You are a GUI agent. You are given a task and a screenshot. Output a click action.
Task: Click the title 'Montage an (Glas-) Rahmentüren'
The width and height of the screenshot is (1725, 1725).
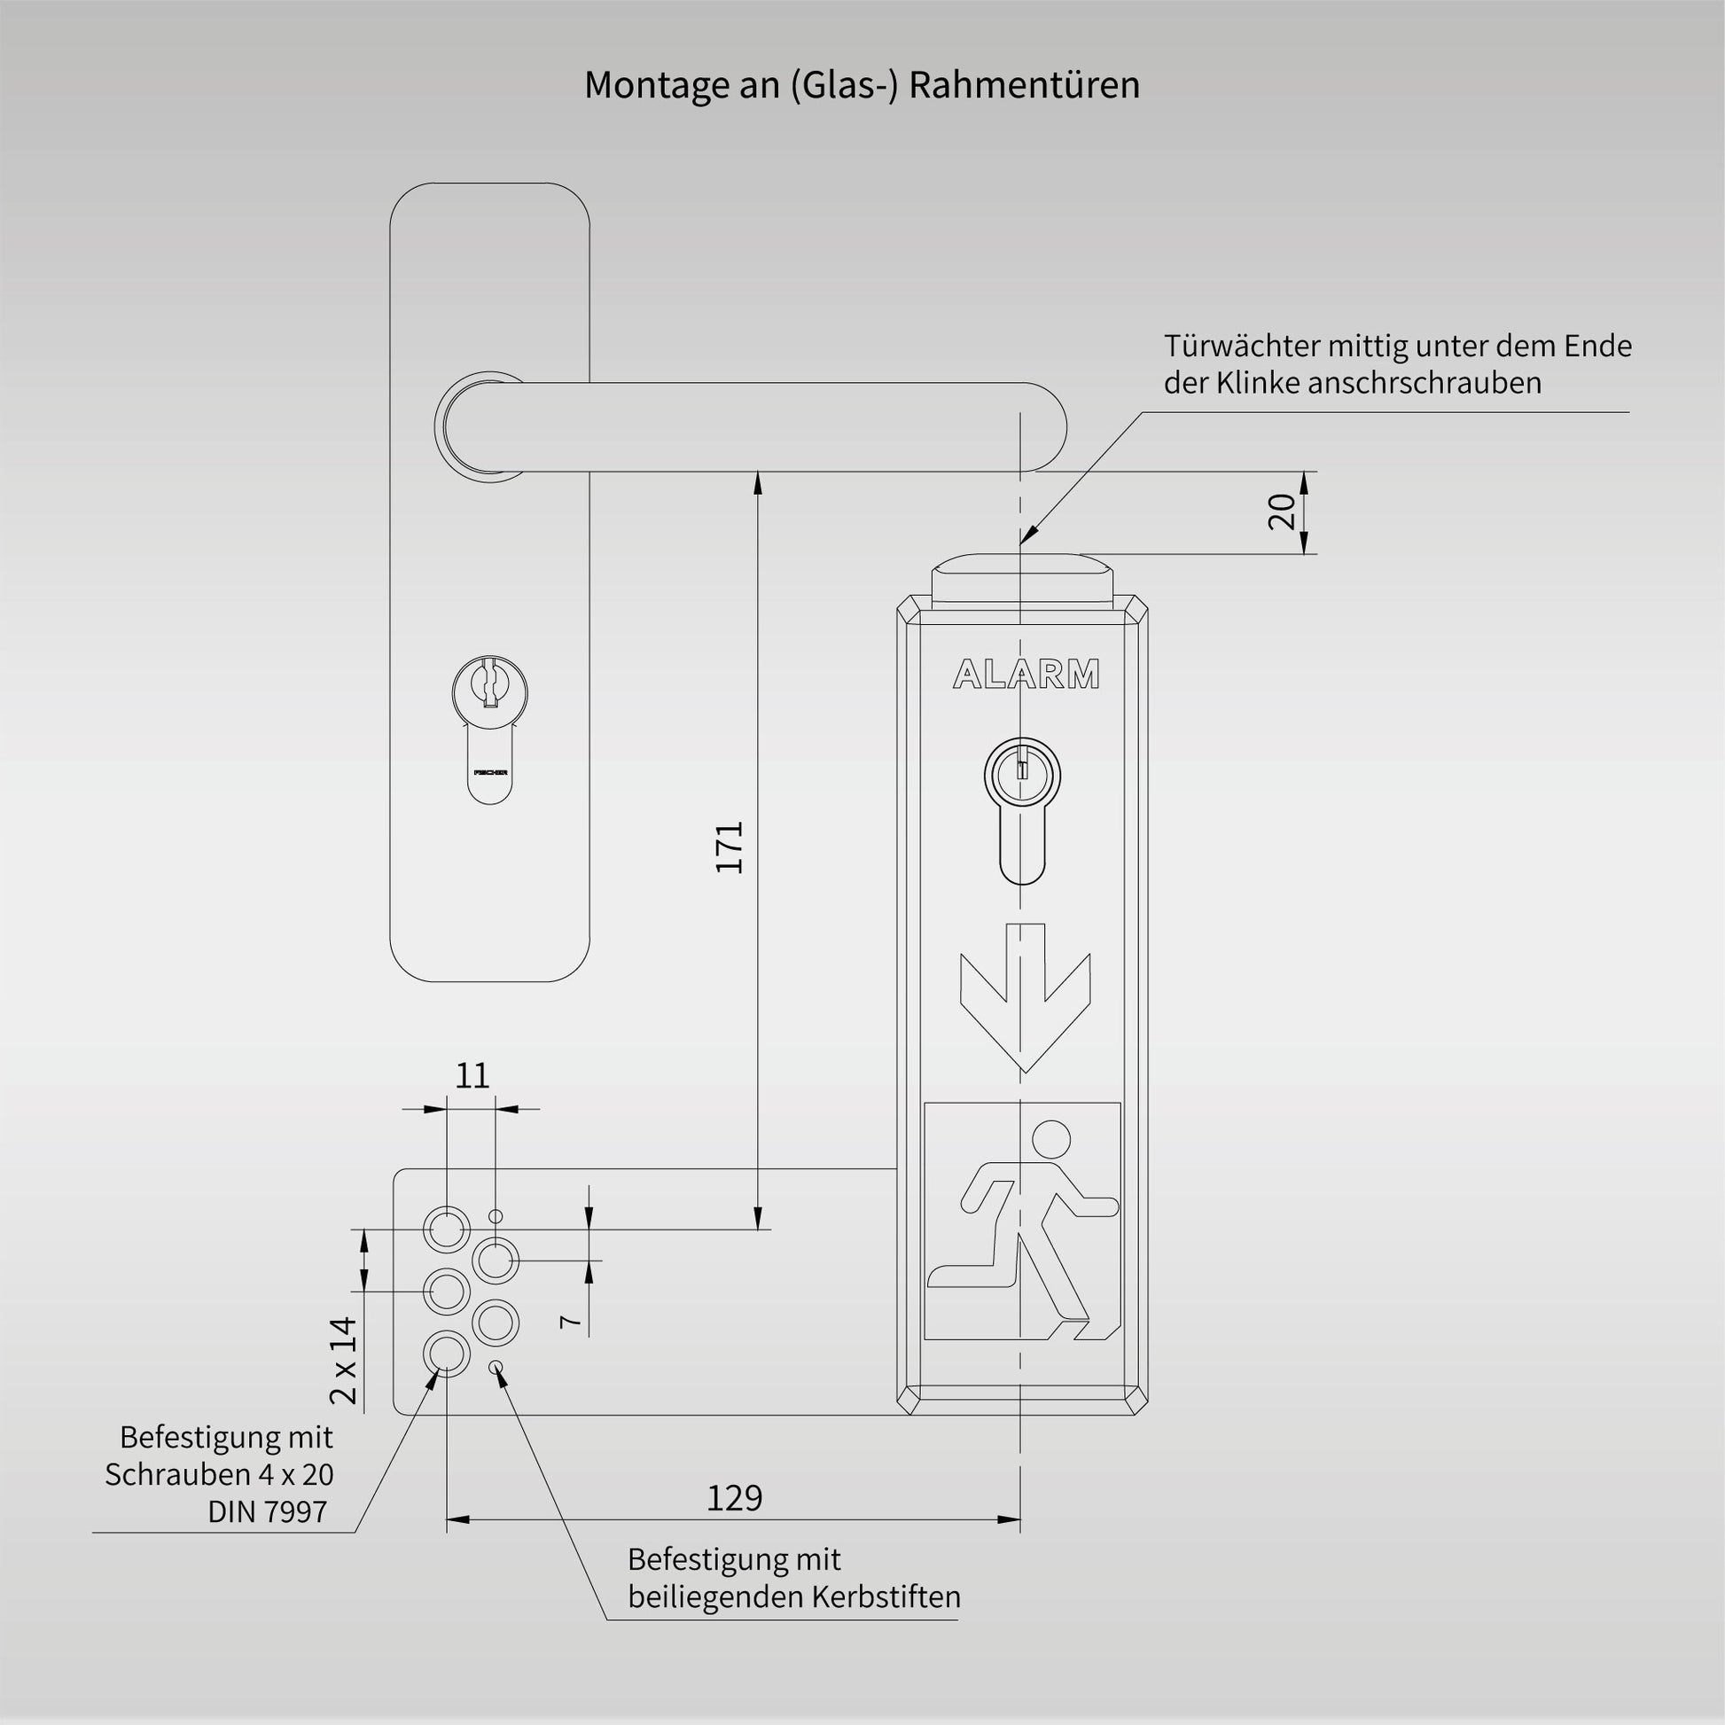tap(862, 86)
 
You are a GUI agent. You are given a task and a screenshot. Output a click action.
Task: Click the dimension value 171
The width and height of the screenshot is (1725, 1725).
tap(730, 847)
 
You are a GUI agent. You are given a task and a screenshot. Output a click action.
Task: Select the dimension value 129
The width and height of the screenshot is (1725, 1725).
tap(734, 1497)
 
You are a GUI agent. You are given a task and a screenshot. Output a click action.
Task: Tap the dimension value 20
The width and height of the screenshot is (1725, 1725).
tap(1281, 511)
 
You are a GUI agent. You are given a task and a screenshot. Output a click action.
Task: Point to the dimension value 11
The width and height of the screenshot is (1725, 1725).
tap(472, 1076)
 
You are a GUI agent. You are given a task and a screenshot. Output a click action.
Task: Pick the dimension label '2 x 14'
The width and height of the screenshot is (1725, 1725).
tap(343, 1361)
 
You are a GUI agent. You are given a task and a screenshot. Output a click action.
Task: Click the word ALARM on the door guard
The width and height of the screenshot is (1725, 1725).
tap(1026, 675)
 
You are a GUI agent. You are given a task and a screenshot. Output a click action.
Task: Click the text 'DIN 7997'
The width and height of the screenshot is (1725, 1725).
tap(268, 1511)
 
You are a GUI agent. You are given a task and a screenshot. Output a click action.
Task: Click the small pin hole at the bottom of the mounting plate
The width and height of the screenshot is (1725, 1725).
tap(496, 1368)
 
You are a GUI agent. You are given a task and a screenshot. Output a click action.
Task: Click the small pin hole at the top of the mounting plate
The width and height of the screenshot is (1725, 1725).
tap(496, 1216)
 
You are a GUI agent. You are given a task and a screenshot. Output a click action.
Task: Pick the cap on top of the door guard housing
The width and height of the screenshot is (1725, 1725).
tap(1022, 576)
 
